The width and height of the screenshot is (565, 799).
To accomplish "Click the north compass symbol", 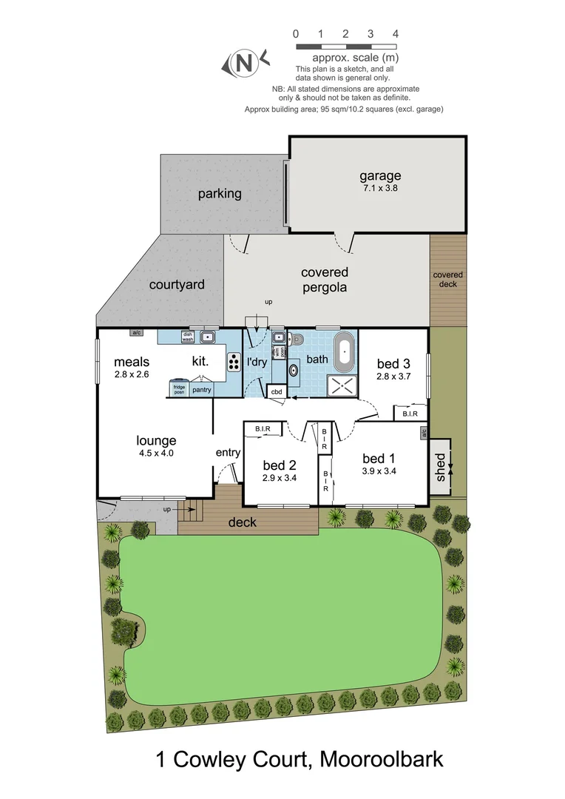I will pos(242,64).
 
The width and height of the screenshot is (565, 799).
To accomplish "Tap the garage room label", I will pos(380,176).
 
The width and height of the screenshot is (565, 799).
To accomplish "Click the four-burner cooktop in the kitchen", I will pos(234,362).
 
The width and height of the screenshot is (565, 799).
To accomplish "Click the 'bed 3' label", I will pos(393,363).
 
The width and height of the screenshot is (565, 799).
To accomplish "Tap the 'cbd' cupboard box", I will pos(277,391).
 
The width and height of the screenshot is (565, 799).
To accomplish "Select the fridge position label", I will pos(179,389).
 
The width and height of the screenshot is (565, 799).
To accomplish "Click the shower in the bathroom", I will pos(342,385).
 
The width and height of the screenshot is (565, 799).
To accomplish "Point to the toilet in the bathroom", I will pos(297,340).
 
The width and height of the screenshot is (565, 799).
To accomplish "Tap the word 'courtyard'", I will pos(177,284).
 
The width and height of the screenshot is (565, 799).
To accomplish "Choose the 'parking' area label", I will pos(220,194).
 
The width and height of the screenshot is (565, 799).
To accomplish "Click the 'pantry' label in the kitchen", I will pos(201,389).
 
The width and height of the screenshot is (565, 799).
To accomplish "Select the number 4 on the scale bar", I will pos(396,33).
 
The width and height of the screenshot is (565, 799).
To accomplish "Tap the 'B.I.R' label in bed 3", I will pos(410,414).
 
